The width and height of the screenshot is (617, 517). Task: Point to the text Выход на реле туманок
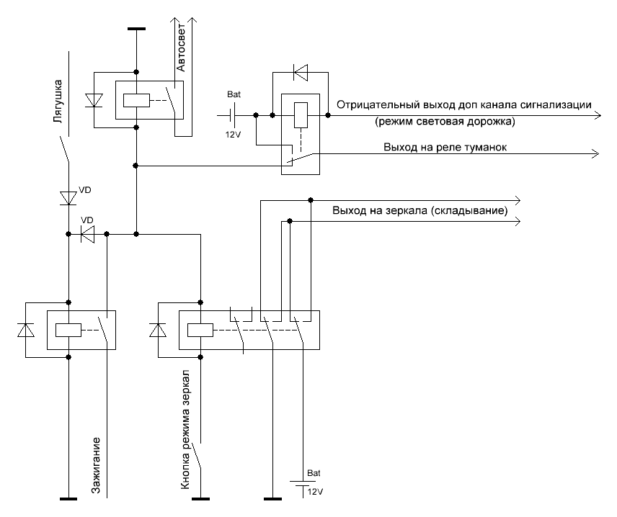[446, 148]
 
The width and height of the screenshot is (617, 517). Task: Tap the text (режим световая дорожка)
[444, 122]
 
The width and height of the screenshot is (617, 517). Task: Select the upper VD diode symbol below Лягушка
[69, 197]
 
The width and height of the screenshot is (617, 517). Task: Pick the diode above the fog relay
[301, 72]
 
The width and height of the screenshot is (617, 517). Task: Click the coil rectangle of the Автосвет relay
[136, 101]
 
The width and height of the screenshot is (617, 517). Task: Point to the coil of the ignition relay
[69, 330]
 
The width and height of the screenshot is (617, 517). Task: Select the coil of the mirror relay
[200, 330]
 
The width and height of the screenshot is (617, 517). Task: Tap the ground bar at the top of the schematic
[136, 29]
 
